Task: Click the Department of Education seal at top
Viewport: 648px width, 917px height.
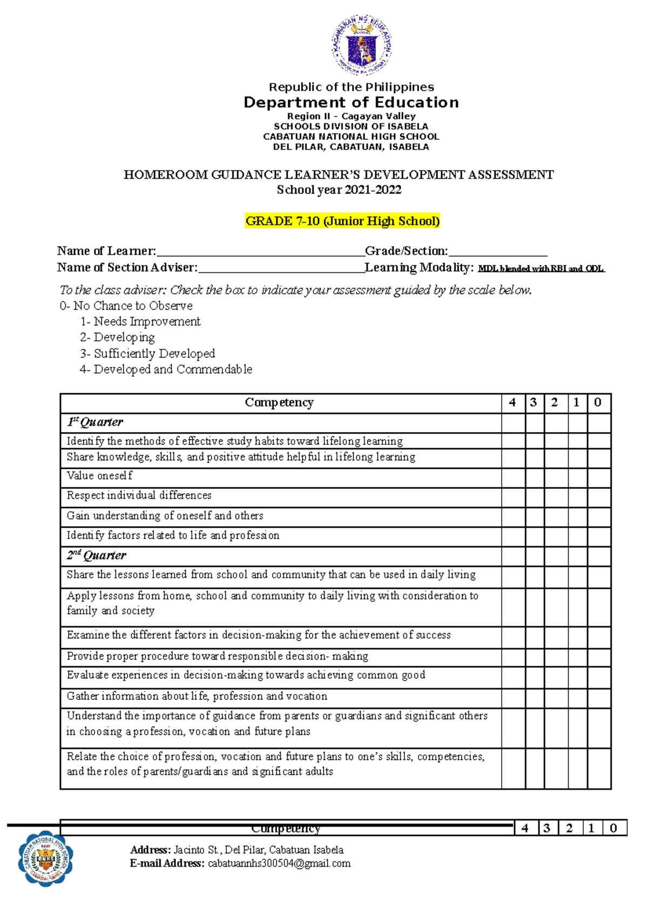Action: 361,45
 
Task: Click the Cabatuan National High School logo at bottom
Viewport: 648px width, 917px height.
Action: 45,858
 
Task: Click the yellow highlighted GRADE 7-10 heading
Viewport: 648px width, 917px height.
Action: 342,221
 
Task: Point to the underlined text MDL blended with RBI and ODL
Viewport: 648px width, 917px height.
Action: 541,268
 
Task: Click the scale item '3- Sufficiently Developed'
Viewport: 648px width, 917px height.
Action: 147,354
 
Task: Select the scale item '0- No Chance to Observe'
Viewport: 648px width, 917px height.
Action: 126,306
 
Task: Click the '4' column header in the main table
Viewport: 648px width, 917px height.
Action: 512,403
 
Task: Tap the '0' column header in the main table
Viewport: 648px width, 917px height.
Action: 598,403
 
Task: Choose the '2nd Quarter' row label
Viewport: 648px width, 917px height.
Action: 97,555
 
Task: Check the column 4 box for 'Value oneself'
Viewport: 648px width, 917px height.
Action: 513,477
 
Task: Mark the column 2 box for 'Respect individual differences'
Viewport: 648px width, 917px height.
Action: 556,496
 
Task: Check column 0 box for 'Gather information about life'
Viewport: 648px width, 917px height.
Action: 599,697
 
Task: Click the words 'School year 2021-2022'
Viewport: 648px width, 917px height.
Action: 339,190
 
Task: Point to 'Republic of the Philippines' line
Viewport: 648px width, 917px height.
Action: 351,87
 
